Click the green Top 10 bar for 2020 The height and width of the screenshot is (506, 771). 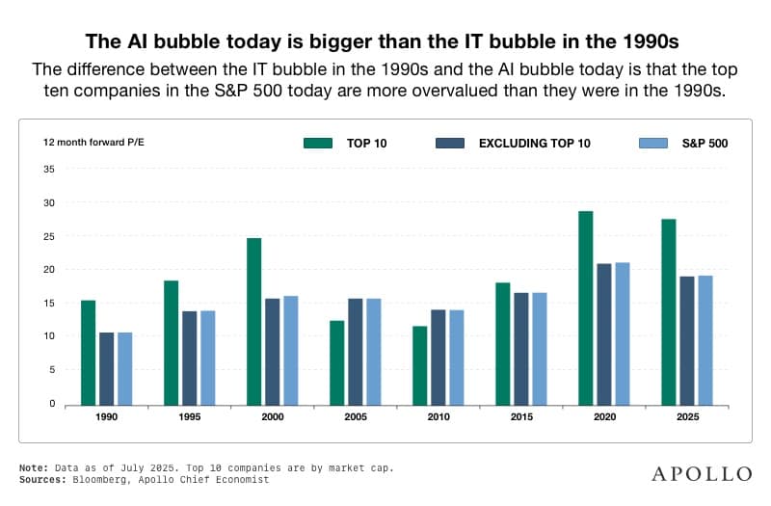(585, 307)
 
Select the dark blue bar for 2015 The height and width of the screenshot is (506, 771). (521, 347)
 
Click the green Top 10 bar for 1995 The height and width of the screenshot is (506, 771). (171, 341)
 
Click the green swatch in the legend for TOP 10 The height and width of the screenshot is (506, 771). (317, 143)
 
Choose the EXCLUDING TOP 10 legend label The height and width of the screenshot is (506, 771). (534, 143)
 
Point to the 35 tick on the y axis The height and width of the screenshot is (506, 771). (48, 169)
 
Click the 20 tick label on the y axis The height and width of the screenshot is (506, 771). (48, 269)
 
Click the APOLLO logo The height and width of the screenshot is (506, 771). (702, 473)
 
